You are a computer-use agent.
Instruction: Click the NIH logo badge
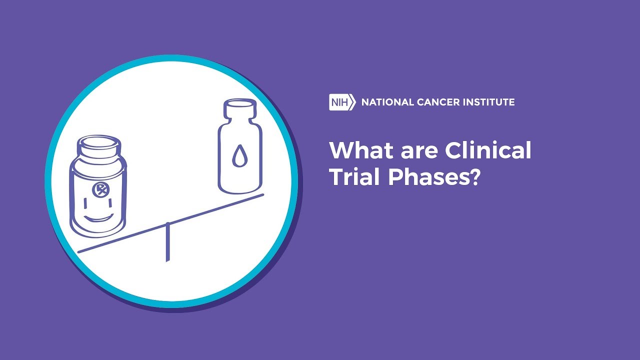pos(342,102)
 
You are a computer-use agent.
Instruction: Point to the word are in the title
pos(419,152)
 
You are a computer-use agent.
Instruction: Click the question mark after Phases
pos(474,176)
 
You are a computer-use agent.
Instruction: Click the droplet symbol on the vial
pos(238,155)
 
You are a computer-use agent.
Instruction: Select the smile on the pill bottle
pos(98,218)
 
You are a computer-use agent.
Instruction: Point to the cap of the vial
pos(239,107)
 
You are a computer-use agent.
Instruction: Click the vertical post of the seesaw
pos(167,242)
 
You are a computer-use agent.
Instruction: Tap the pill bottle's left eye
pos(85,203)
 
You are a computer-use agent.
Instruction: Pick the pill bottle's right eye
pos(110,203)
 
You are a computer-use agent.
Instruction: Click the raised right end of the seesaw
pos(262,195)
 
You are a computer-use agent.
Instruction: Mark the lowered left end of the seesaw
pos(79,251)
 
